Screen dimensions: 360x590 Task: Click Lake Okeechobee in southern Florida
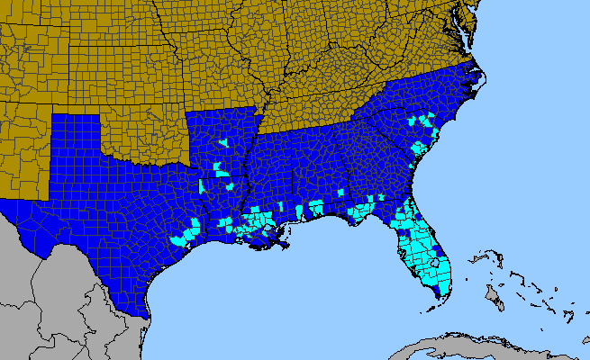click(434, 262)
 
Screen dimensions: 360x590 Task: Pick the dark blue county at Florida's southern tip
click(437, 290)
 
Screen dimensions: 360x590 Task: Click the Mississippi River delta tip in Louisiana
click(286, 244)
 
